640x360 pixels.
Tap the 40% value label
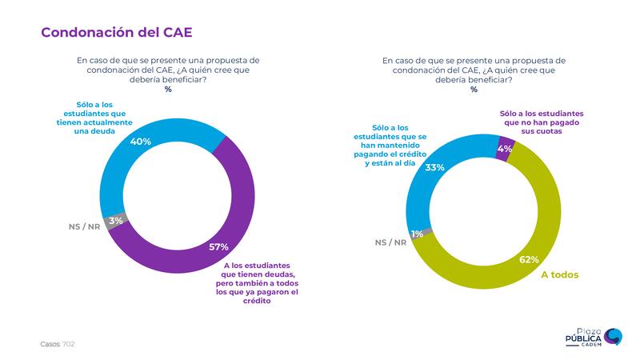(x=141, y=141)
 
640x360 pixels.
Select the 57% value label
(x=218, y=246)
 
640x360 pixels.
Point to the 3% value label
(x=117, y=221)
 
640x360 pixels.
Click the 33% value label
(x=434, y=168)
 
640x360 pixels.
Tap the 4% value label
(x=504, y=148)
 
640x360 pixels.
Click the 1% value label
(x=417, y=234)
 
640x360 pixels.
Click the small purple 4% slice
(x=503, y=149)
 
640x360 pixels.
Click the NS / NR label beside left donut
(x=84, y=226)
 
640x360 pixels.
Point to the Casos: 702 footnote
(x=58, y=343)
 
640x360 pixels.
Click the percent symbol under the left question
(x=168, y=89)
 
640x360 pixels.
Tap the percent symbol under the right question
(x=474, y=89)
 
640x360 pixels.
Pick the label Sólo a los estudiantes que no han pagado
(x=542, y=123)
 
